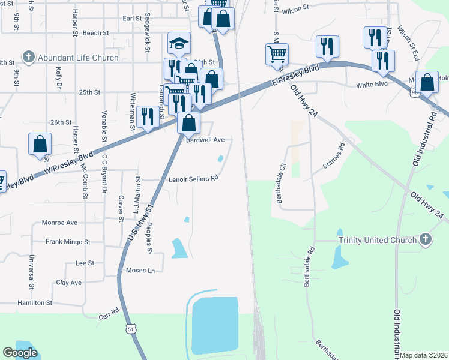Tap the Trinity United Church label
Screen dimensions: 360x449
[369, 240]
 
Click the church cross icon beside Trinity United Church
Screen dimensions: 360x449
[425, 239]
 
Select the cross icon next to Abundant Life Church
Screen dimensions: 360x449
[28, 57]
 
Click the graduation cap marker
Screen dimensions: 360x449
[179, 43]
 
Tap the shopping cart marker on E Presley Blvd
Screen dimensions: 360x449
[277, 55]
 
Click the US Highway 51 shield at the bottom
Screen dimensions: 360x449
[131, 329]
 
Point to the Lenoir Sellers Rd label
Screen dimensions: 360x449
[193, 178]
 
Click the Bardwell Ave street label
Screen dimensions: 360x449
[205, 140]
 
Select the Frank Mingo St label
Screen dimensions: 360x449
[68, 242]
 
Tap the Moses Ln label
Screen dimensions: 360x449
[140, 271]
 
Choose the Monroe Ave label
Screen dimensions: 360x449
[59, 222]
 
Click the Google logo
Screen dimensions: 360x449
[20, 353]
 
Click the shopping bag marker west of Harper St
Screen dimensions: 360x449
[40, 144]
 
